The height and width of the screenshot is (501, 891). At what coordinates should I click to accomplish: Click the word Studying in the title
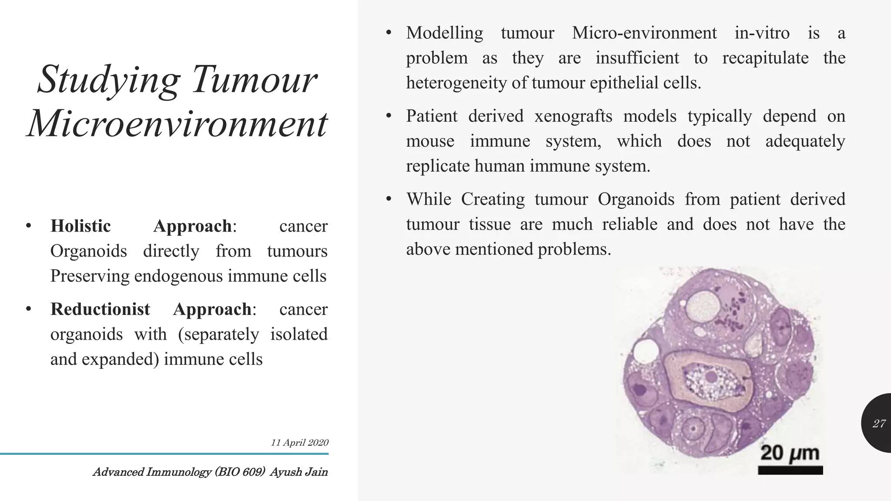click(109, 80)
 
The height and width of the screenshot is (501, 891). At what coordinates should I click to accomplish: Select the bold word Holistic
click(80, 226)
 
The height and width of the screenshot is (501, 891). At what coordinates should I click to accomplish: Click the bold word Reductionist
click(100, 309)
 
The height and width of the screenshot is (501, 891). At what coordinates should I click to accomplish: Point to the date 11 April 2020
click(299, 443)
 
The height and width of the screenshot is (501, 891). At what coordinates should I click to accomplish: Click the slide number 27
click(879, 424)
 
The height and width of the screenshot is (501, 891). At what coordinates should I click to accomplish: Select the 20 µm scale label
click(790, 453)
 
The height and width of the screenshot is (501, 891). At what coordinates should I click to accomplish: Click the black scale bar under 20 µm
click(790, 470)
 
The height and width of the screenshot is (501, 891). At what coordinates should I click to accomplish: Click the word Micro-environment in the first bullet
click(644, 33)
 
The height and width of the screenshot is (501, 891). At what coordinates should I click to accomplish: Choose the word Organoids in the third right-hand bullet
click(636, 199)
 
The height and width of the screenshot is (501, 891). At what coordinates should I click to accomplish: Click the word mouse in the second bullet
click(430, 141)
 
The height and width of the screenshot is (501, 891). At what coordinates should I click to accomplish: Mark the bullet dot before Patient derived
click(389, 116)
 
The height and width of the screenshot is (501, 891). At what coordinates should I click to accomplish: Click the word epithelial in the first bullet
click(624, 83)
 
